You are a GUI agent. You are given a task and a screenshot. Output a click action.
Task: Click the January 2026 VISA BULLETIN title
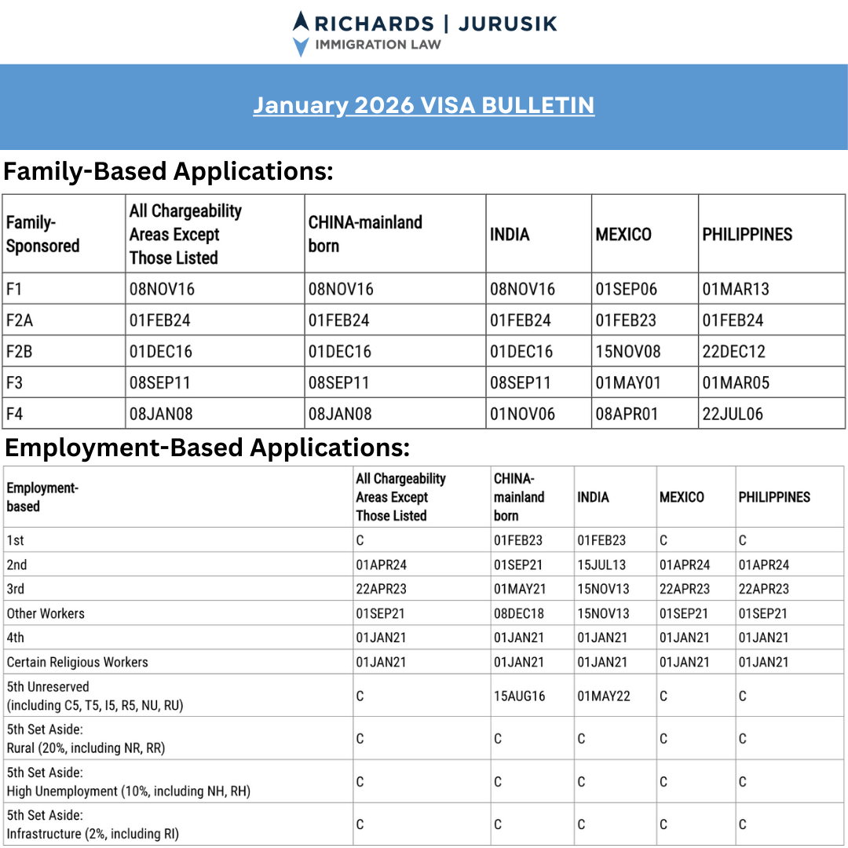point(423,105)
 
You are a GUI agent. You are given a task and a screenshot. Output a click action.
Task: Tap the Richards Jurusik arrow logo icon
point(301,34)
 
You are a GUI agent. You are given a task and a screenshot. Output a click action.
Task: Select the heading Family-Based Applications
point(169,170)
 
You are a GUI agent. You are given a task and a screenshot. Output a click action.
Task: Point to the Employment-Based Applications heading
point(208,448)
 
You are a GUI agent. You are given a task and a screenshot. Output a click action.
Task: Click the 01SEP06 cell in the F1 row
point(626,289)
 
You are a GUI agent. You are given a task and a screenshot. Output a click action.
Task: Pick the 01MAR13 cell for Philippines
point(736,289)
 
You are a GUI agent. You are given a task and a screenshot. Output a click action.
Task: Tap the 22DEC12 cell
point(733,352)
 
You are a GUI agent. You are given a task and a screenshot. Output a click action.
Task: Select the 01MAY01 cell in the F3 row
point(628,383)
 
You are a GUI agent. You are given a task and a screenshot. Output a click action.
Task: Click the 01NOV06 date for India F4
point(522,414)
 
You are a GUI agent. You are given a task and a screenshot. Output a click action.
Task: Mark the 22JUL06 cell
point(733,414)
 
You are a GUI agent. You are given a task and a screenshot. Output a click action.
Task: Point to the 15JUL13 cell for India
point(602,565)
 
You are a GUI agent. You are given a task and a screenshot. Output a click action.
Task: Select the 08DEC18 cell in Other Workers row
point(519,613)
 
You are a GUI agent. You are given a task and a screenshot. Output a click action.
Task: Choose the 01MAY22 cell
point(604,696)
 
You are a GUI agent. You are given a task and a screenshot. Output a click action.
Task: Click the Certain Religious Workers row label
point(77,662)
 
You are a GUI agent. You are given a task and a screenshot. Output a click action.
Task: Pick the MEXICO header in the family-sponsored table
point(623,234)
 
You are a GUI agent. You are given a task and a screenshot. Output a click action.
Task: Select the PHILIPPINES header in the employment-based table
point(774,497)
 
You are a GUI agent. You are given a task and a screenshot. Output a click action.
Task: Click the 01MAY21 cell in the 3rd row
point(519,589)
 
